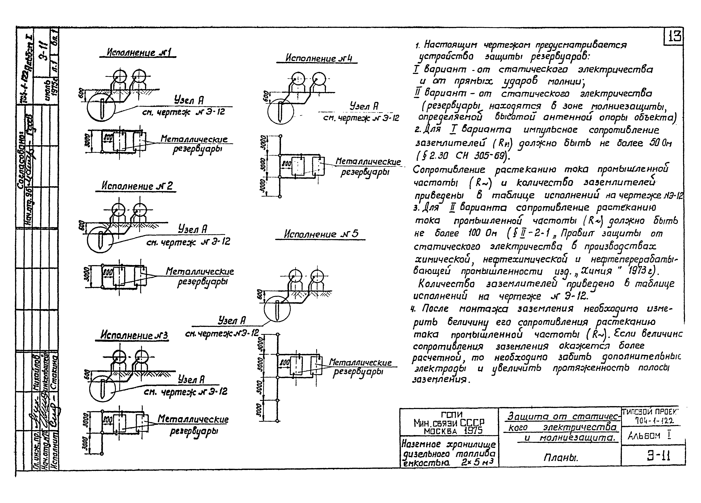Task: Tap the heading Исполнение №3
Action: [x=134, y=335]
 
